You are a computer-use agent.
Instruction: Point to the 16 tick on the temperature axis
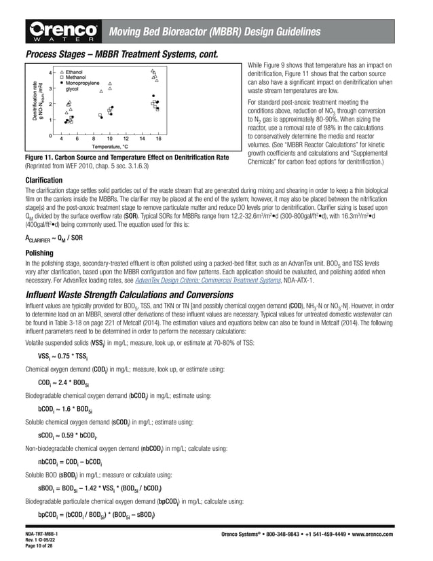coord(158,139)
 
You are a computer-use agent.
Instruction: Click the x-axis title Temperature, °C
coord(110,147)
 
